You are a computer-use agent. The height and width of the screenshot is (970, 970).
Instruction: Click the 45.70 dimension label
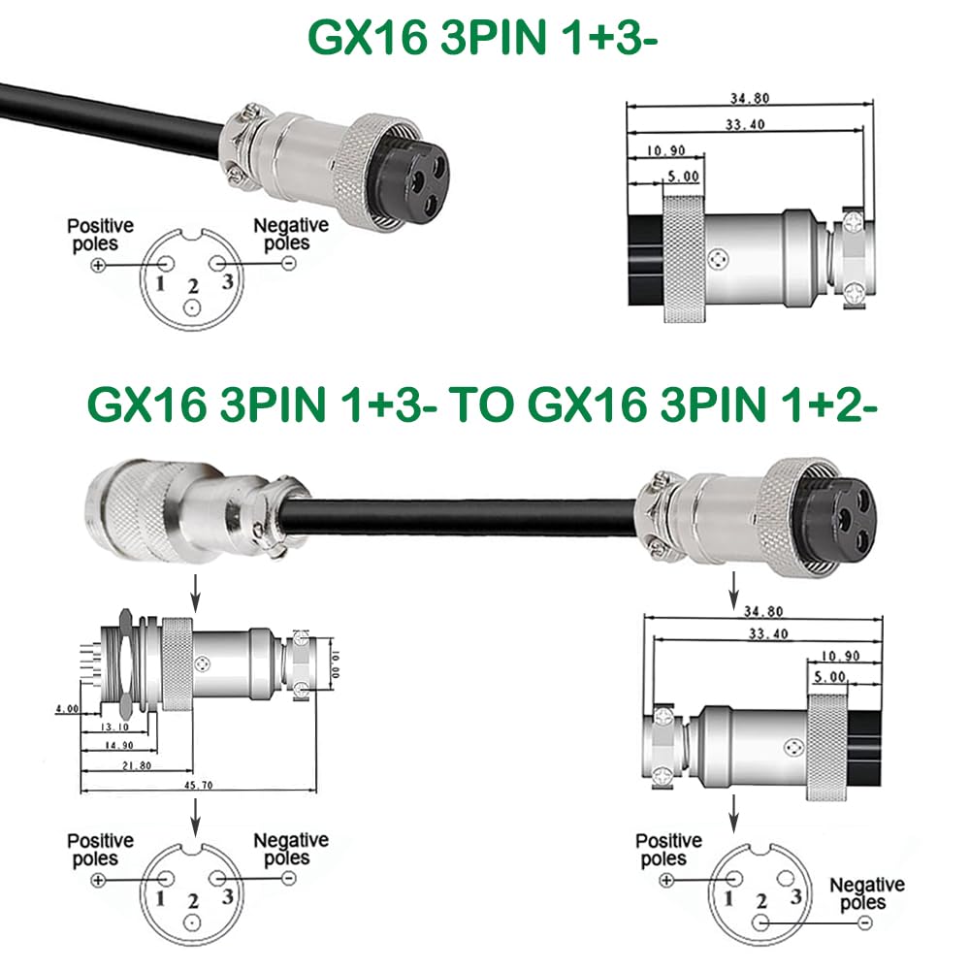pos(198,785)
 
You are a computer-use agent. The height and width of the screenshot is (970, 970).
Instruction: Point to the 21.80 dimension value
pos(137,765)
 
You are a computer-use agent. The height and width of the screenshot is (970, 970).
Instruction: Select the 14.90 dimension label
pos(118,745)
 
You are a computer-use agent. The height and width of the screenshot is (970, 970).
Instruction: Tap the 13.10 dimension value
pos(114,727)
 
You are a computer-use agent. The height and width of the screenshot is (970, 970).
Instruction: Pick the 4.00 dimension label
pos(68,708)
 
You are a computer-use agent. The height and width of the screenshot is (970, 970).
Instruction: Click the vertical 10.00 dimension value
pos(336,664)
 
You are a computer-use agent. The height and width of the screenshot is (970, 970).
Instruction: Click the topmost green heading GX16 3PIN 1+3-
pos(482,37)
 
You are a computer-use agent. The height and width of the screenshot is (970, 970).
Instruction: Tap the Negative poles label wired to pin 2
pos(866,893)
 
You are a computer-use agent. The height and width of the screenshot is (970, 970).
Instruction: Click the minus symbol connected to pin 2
pos(865,923)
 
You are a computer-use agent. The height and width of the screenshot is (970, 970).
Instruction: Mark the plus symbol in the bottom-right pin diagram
pos(666,879)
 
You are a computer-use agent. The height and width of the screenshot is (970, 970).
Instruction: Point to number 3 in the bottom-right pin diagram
pos(796,895)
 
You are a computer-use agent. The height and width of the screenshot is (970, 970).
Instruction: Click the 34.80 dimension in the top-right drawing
pos(749,98)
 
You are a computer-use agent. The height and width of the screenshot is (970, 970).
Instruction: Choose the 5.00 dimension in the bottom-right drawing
pos(829,677)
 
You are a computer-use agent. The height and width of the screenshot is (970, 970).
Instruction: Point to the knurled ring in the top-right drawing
pos(684,259)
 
